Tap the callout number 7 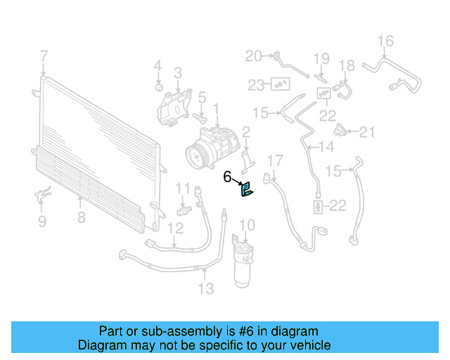[x=44, y=56]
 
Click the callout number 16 [x=386, y=41]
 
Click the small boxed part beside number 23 [x=281, y=85]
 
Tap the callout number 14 [x=326, y=147]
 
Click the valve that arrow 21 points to [x=342, y=131]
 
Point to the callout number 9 [x=41, y=221]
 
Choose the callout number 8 [x=81, y=218]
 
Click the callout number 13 [x=205, y=288]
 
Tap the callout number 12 [x=175, y=227]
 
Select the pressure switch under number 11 [x=183, y=210]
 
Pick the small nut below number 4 [x=160, y=88]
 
